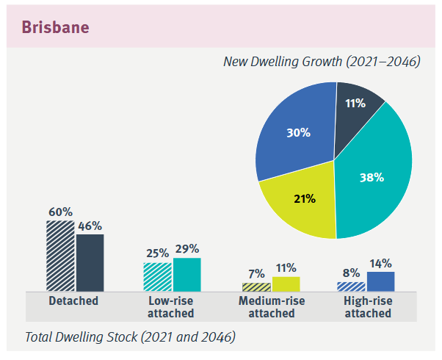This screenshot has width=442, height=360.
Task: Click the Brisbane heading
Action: click(55, 27)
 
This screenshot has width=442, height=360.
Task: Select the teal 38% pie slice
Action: click(374, 176)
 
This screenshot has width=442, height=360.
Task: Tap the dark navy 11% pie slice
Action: click(357, 110)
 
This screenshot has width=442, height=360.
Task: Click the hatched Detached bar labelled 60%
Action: click(59, 256)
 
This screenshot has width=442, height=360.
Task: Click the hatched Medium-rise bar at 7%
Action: click(256, 287)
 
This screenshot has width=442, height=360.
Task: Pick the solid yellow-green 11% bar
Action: click(286, 284)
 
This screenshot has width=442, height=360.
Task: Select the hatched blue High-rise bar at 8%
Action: click(350, 286)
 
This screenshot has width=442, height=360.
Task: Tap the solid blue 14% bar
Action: click(380, 281)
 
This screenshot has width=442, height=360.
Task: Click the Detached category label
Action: click(73, 301)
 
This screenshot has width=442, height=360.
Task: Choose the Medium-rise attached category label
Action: click(272, 307)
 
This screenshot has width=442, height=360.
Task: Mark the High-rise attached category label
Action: click(367, 307)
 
